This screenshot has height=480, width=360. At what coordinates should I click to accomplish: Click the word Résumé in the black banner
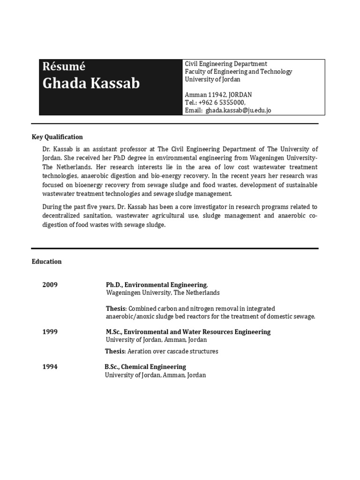(x=64, y=67)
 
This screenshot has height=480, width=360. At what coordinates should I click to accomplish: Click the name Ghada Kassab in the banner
(x=91, y=83)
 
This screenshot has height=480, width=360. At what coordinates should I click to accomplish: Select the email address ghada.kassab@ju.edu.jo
(x=238, y=111)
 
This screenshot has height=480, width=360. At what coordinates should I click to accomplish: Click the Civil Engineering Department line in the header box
(x=226, y=64)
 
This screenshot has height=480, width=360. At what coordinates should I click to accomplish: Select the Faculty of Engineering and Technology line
(x=238, y=72)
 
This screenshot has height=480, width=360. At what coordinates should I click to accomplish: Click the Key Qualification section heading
(x=57, y=137)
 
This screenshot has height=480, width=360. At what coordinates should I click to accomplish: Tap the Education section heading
(x=46, y=262)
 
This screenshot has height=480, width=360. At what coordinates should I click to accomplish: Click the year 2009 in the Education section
(x=50, y=285)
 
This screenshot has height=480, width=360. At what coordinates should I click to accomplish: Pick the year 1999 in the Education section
(x=50, y=332)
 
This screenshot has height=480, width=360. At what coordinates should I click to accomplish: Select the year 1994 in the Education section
(x=50, y=367)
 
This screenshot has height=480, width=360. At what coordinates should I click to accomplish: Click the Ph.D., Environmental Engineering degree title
(x=156, y=285)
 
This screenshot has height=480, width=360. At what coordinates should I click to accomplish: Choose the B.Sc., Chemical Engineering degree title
(x=145, y=367)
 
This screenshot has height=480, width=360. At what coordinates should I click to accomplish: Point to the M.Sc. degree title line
(x=188, y=332)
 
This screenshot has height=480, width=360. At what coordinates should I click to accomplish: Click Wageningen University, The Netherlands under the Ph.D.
(x=162, y=293)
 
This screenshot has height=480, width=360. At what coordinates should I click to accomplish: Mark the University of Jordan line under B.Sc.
(x=155, y=375)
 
